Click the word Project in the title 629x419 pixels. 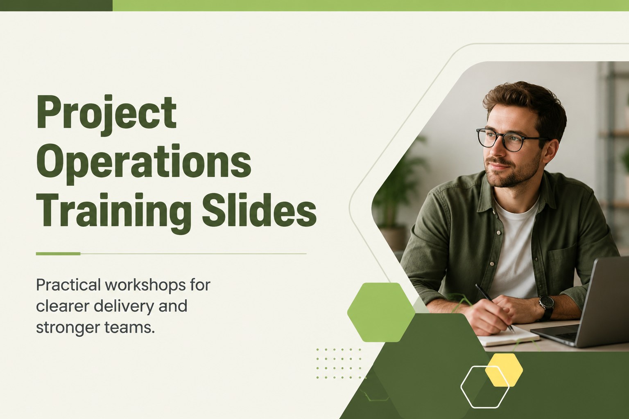106,116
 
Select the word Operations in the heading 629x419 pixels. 144,164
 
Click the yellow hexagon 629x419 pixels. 504,370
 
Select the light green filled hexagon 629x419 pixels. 381,312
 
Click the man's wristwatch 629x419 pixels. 546,307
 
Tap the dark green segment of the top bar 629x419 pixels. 56,6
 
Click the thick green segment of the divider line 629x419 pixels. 58,254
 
